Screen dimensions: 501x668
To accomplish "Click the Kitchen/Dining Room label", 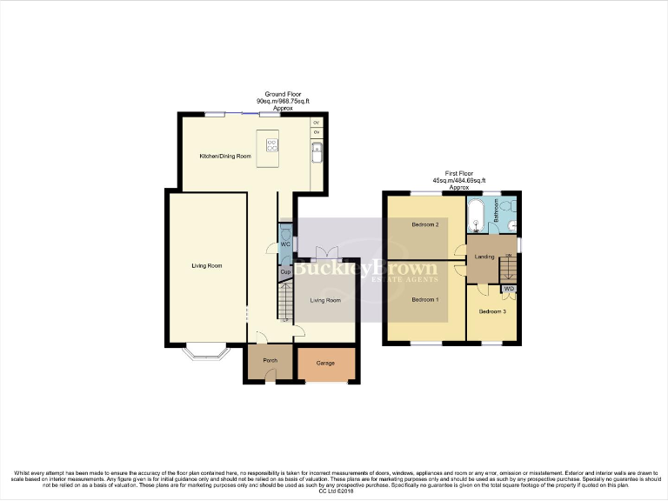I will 225,156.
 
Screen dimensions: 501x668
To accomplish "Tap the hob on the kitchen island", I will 271,144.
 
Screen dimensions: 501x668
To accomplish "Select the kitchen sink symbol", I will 317,153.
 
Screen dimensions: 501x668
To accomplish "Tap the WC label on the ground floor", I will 284,244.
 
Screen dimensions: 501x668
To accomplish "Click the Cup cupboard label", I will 284,272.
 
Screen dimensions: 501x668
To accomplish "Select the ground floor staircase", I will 284,305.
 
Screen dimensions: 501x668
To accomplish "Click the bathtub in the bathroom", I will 477,215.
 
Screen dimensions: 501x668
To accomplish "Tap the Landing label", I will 484,257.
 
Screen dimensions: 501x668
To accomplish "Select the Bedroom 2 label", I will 424,224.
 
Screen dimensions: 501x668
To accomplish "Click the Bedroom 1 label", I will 424,300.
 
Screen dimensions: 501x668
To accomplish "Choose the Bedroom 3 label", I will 492,311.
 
